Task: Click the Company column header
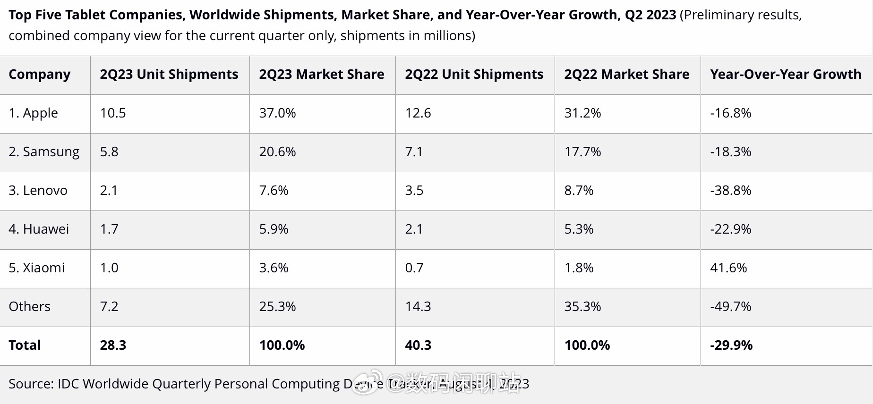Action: pyautogui.click(x=40, y=75)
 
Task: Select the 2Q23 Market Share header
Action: pyautogui.click(x=321, y=75)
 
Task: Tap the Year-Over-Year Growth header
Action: pyautogui.click(x=785, y=75)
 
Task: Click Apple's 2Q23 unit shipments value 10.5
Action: pyautogui.click(x=113, y=113)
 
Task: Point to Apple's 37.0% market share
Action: pyautogui.click(x=277, y=113)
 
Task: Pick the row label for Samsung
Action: pyautogui.click(x=44, y=152)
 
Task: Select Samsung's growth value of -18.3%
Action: pyautogui.click(x=730, y=152)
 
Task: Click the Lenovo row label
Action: pyautogui.click(x=38, y=191)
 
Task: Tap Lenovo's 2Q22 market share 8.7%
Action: pyautogui.click(x=579, y=191)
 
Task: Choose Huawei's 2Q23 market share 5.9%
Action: pyautogui.click(x=274, y=229)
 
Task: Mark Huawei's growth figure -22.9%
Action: pyautogui.click(x=730, y=229)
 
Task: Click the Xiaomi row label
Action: pyautogui.click(x=36, y=268)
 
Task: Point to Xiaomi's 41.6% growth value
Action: pyautogui.click(x=728, y=268)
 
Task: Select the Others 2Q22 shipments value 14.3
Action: pyautogui.click(x=418, y=307)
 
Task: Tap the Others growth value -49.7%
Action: pyautogui.click(x=730, y=307)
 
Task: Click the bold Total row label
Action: pyautogui.click(x=25, y=345)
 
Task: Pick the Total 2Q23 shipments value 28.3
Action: pyautogui.click(x=113, y=345)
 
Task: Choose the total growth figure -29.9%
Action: pyautogui.click(x=731, y=345)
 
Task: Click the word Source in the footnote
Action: pyautogui.click(x=29, y=384)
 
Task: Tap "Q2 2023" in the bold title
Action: pyautogui.click(x=650, y=15)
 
